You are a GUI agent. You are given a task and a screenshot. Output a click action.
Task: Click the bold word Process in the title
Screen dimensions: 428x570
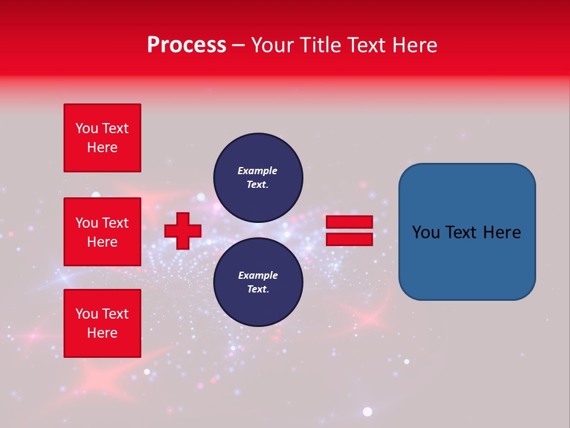click(186, 45)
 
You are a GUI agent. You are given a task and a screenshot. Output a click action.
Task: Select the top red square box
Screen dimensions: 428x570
click(102, 138)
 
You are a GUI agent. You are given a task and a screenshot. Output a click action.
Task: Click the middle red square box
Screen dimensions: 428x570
click(102, 232)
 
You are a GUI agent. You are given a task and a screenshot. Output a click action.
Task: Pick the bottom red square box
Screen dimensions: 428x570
click(102, 323)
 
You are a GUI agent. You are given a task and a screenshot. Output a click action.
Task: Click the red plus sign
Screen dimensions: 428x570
click(183, 231)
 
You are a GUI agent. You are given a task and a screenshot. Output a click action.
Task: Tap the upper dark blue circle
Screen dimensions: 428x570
click(258, 178)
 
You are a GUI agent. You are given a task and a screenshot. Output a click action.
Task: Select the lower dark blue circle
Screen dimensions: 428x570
click(258, 282)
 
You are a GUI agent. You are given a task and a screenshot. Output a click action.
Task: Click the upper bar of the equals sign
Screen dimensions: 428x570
click(349, 222)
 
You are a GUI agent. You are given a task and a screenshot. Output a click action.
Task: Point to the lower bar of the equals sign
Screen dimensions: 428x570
click(349, 239)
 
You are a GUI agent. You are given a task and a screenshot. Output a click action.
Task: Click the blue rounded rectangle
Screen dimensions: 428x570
click(467, 232)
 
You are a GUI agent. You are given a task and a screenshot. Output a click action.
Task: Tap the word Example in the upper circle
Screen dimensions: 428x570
click(258, 171)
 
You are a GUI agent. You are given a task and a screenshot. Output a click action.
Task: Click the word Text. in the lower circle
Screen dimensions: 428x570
click(258, 289)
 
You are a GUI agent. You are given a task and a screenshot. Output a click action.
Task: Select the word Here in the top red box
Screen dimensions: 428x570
click(102, 147)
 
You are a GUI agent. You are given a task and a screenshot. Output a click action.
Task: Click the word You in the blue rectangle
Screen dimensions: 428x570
click(426, 232)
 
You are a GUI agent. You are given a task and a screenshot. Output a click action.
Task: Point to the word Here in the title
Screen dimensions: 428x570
click(415, 45)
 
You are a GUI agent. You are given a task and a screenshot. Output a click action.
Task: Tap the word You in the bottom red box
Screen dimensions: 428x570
click(87, 314)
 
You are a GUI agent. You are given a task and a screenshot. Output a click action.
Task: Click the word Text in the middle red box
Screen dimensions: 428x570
click(116, 223)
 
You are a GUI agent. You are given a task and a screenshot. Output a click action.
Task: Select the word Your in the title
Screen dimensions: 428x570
click(274, 45)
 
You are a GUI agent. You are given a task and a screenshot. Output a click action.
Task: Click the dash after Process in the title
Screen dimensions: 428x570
click(238, 45)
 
